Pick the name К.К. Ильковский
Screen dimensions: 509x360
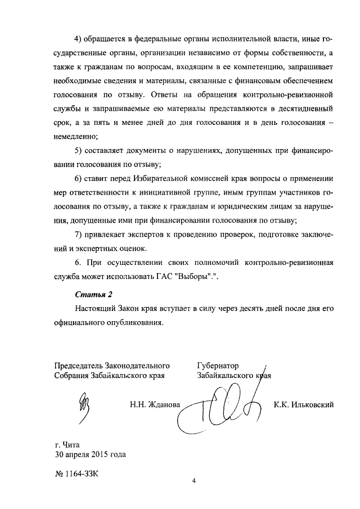pyautogui.click(x=304, y=404)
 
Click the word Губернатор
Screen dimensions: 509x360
pyautogui.click(x=218, y=365)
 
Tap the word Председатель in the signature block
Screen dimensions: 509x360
pyautogui.click(x=80, y=365)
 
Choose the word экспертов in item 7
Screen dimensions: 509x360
pyautogui.click(x=139, y=234)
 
